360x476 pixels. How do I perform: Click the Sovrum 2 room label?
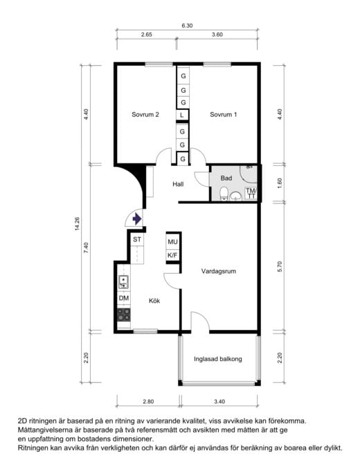145,114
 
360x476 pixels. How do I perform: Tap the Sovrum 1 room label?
224,114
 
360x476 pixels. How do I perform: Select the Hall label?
178,184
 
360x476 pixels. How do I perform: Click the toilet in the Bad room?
224,194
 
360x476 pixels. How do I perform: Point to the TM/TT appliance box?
251,194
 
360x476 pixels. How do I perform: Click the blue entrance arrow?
137,219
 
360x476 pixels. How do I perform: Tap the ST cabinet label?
137,239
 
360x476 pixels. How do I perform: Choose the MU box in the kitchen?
172,242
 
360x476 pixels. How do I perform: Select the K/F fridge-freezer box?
172,255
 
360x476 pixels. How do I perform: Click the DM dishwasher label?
124,298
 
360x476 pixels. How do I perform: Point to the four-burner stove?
124,315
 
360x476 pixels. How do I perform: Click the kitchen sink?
124,282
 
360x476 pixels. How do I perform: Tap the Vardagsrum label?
219,271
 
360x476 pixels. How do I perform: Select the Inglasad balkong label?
218,359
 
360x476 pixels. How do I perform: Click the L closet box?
182,115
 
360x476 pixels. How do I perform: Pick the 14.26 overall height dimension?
77,223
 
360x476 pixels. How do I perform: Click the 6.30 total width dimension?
187,26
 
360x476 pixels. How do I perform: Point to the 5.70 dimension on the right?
280,266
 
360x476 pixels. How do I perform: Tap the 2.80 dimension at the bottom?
148,401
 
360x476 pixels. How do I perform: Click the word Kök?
154,301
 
